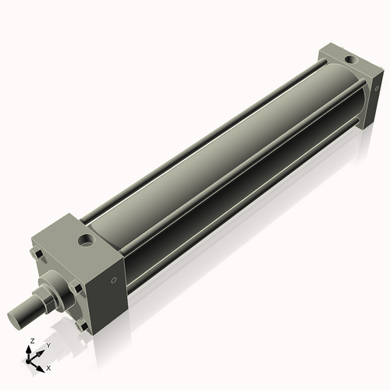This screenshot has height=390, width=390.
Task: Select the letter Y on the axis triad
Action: (x=48, y=344)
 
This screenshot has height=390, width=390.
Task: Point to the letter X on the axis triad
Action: (x=48, y=367)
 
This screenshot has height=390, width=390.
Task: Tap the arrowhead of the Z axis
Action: (x=30, y=349)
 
